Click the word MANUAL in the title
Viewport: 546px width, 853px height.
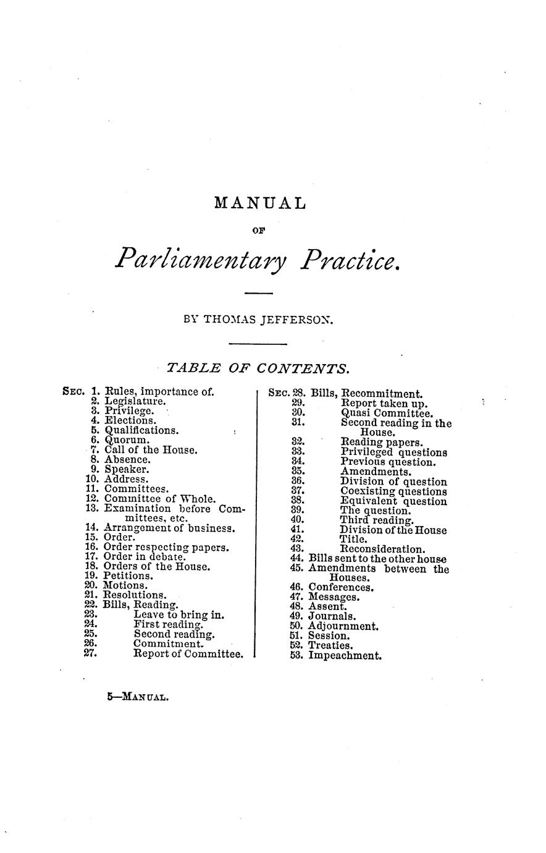[259, 203]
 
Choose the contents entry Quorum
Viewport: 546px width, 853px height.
[127, 440]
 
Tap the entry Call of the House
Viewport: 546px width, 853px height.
[151, 450]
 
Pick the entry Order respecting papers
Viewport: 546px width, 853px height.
[166, 547]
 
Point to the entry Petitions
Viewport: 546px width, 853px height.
[129, 575]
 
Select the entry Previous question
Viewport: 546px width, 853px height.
[388, 462]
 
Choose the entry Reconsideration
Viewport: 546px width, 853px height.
[382, 549]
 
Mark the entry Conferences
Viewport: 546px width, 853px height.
[340, 587]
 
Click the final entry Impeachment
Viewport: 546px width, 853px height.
[345, 655]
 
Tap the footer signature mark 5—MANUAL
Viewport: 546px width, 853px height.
[137, 697]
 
